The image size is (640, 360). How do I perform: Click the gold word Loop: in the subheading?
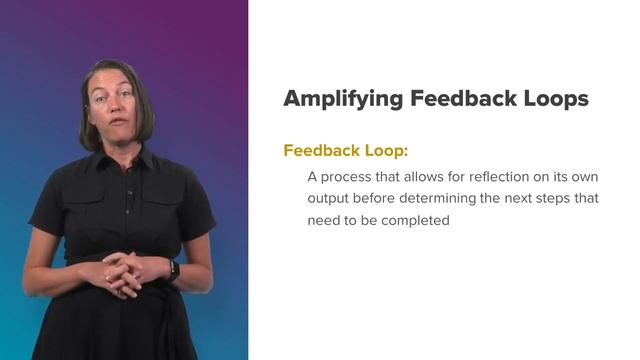tap(382, 151)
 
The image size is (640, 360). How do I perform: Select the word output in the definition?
tap(329, 198)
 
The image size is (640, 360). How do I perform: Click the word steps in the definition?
tap(551, 198)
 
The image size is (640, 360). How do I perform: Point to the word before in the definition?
tap(375, 198)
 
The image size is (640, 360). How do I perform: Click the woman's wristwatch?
tap(173, 269)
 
